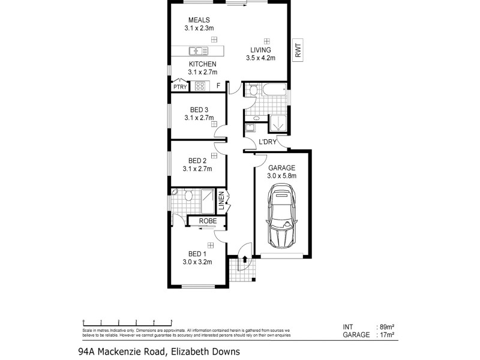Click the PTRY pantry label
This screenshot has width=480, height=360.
pos(180,87)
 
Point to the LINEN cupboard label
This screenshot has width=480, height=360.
pos(221,202)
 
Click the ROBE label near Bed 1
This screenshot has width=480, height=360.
pos(207,221)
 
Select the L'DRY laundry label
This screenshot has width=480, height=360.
pos(267,142)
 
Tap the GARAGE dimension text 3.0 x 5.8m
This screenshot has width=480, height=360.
pos(281,176)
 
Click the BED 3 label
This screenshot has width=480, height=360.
pos(199,109)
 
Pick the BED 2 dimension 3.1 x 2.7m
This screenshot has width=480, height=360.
pos(198,169)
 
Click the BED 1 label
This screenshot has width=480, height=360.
pos(197,253)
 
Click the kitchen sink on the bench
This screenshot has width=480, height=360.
pos(196,51)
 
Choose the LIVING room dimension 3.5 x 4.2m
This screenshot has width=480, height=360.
pos(260,58)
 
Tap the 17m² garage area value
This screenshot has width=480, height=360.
pos(386,336)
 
